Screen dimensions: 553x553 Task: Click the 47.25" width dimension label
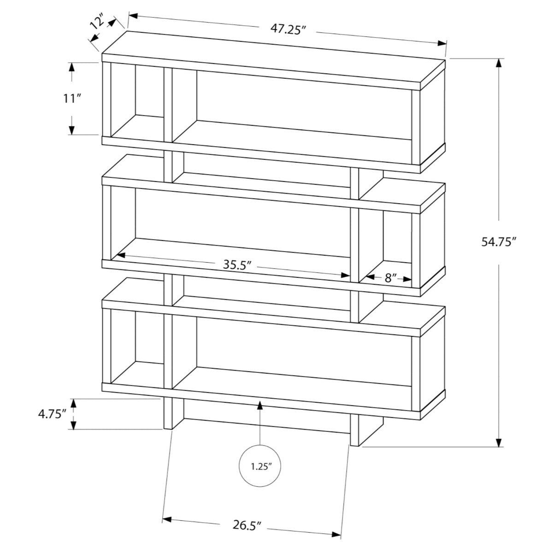point(288,29)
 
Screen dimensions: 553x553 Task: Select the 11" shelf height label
point(71,99)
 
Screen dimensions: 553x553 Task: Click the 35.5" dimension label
point(237,265)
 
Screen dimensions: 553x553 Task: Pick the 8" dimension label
point(390,277)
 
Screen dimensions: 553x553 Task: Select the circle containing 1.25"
point(260,466)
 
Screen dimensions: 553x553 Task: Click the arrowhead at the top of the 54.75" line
point(500,63)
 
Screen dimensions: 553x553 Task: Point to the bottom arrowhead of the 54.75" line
point(500,442)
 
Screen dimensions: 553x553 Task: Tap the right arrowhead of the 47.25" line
point(442,43)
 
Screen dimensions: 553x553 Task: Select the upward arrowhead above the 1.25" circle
point(260,405)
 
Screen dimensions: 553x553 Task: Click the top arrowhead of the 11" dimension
point(72,67)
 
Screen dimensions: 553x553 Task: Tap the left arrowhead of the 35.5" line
point(121,255)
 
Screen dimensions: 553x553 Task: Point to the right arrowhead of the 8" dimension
point(407,279)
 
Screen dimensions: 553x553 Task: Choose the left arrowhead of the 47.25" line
point(133,16)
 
